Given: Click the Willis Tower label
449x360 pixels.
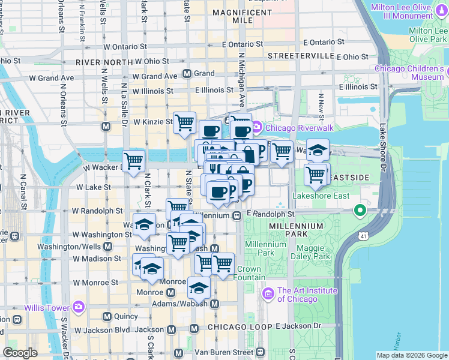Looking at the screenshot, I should pyautogui.click(x=47, y=308).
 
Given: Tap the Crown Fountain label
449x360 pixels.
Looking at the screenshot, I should pyautogui.click(x=250, y=273).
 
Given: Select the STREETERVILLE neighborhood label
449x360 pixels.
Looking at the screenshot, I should pyautogui.click(x=301, y=55).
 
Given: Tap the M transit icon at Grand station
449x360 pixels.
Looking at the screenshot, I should pyautogui.click(x=187, y=74).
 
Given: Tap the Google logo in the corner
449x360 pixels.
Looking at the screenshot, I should pyautogui.click(x=20, y=353).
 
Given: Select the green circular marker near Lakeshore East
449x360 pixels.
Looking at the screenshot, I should pyautogui.click(x=360, y=211).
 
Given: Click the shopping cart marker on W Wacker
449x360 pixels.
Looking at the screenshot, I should pyautogui.click(x=134, y=160).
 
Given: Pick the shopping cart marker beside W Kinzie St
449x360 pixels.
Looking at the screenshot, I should pyautogui.click(x=185, y=122).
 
